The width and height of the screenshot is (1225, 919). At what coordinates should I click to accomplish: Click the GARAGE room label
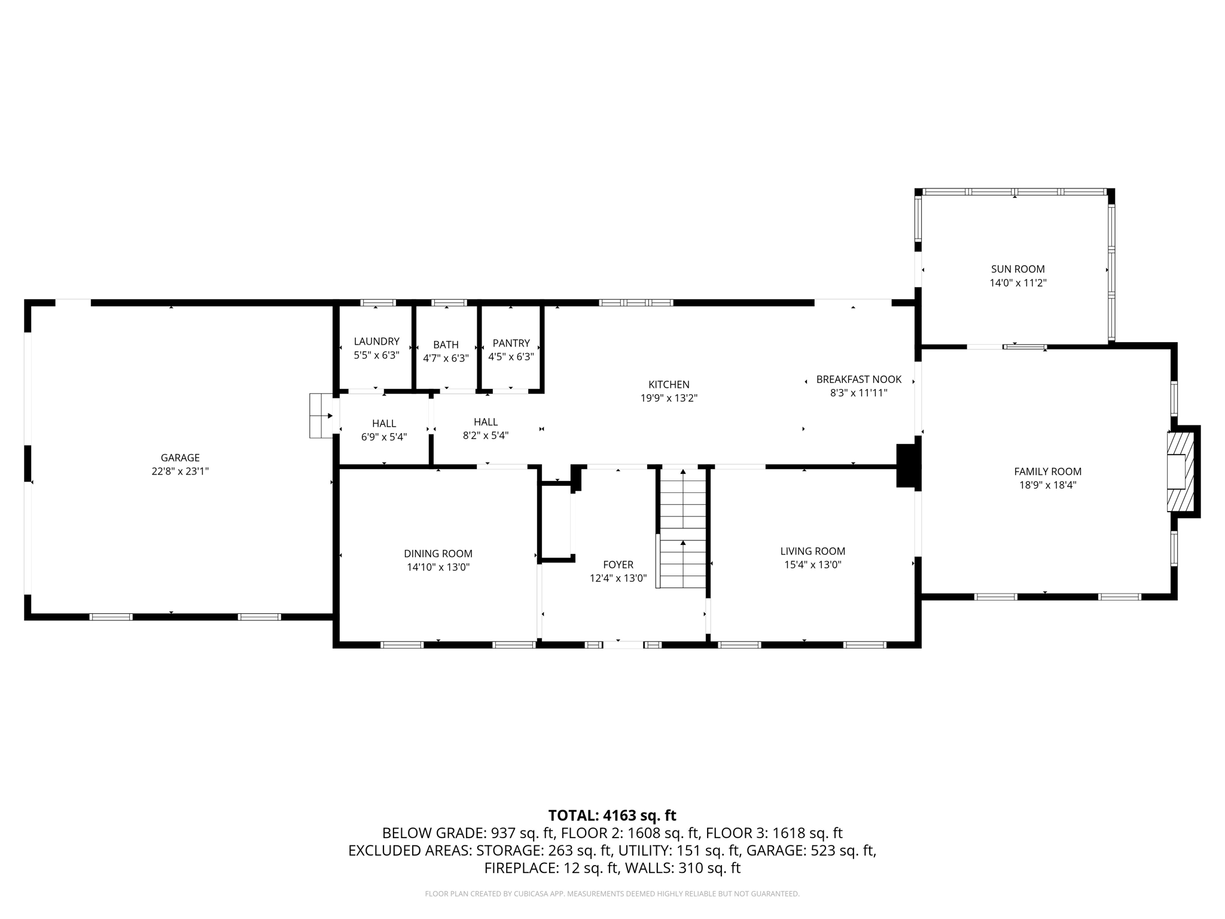[180, 458]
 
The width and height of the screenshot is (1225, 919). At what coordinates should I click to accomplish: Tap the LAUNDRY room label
[376, 341]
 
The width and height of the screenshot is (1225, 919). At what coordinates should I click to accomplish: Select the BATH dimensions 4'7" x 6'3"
[446, 358]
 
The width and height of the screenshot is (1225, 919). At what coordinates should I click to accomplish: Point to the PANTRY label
[511, 343]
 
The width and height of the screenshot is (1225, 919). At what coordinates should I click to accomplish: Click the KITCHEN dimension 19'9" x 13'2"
[669, 398]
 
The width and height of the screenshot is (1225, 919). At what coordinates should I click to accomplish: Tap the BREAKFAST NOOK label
[858, 379]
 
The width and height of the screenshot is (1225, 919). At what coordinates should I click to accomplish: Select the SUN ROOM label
[1017, 269]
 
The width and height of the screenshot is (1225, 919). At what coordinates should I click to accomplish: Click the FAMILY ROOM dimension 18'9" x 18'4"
[1047, 485]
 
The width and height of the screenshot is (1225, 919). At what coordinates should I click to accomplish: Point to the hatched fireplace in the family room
[1180, 472]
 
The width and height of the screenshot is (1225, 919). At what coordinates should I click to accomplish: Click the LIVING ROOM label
[812, 551]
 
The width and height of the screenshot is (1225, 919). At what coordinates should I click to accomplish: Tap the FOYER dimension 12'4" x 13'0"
[618, 579]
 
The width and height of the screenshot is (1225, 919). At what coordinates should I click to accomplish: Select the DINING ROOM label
[438, 553]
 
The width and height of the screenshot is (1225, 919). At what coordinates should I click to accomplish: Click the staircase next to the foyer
[682, 527]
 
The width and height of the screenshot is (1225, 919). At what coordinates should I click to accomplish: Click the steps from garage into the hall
[321, 415]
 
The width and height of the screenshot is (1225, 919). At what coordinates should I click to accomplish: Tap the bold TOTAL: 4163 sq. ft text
[612, 815]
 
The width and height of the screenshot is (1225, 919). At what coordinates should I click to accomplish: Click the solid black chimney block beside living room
[906, 466]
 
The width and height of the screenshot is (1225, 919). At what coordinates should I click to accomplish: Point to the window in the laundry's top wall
[377, 303]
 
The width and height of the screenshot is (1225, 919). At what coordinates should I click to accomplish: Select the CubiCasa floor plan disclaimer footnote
[612, 894]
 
